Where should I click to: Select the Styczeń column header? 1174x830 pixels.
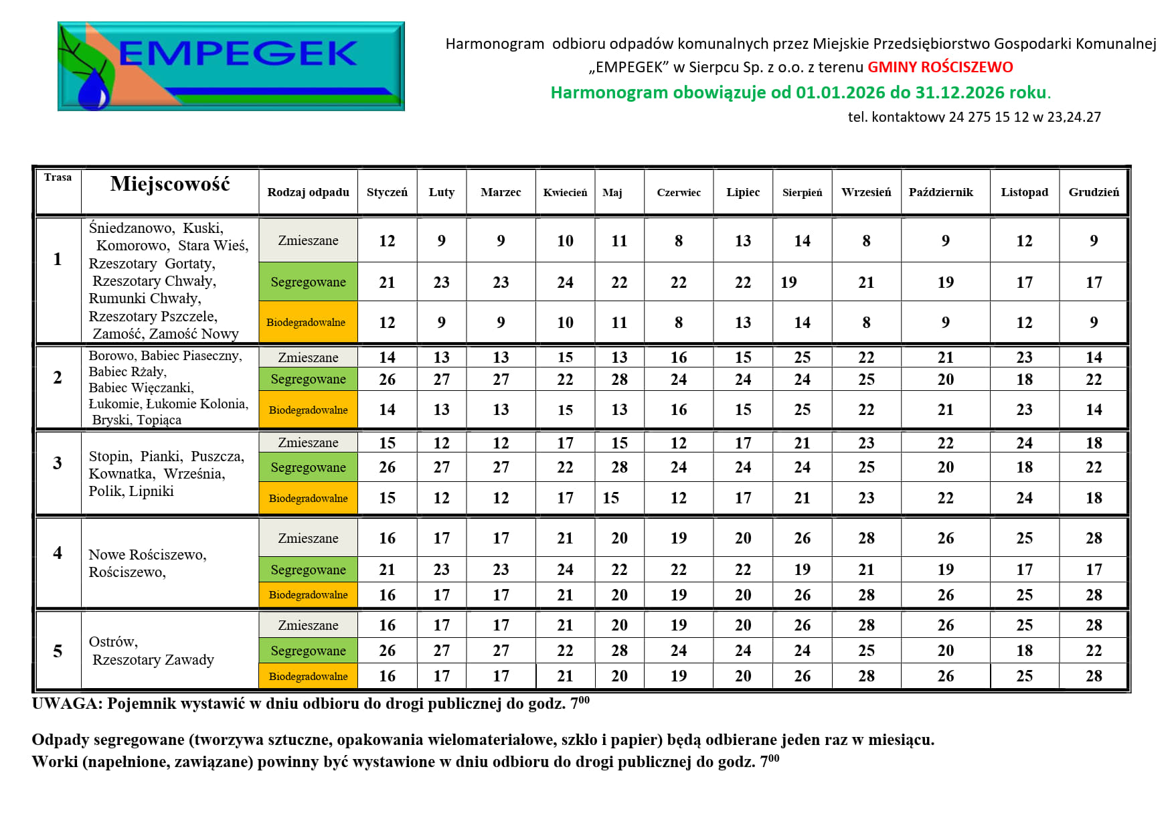click(387, 192)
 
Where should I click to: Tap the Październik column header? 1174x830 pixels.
click(940, 192)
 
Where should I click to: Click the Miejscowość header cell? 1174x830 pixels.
click(170, 184)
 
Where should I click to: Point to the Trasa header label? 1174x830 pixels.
click(58, 177)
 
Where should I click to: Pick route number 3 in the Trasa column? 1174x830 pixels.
click(58, 463)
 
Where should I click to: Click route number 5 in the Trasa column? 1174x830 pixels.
click(58, 651)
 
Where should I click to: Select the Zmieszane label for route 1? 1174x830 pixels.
click(308, 240)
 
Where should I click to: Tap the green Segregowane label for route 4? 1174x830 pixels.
click(308, 570)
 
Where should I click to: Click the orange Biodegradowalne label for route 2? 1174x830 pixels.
click(308, 410)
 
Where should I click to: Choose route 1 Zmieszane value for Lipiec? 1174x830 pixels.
click(743, 241)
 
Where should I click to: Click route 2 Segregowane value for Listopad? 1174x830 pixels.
click(1024, 380)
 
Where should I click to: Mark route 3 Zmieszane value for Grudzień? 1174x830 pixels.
click(1094, 443)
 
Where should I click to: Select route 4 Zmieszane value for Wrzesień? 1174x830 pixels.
click(866, 538)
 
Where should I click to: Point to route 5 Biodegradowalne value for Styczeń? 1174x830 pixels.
click(387, 676)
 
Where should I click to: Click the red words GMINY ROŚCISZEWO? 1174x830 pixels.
click(940, 67)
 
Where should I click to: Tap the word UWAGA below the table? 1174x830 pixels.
click(66, 704)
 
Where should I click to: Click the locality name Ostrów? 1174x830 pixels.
click(112, 642)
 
